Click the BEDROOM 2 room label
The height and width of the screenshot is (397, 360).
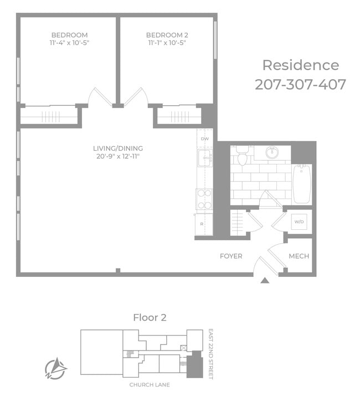[167, 35]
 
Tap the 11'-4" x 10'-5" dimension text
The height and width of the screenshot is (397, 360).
[69, 43]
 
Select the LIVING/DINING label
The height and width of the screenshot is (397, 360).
[118, 148]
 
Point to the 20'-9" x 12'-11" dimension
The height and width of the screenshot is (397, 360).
[118, 156]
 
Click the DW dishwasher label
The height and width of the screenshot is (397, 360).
[205, 139]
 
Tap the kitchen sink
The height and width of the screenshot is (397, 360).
[205, 158]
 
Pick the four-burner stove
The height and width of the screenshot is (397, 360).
[204, 199]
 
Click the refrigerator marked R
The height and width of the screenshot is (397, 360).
[204, 224]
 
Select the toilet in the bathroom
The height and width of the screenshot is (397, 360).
[243, 156]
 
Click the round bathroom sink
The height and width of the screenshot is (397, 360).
[272, 153]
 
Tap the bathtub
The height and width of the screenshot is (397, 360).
[301, 184]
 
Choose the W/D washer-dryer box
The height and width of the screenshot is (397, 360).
[299, 222]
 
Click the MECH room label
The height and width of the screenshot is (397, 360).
[299, 256]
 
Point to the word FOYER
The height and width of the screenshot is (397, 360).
[231, 256]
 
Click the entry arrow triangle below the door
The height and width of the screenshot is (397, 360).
[265, 280]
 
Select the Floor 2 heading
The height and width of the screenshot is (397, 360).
[150, 317]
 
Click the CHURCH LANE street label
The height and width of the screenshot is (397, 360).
[150, 385]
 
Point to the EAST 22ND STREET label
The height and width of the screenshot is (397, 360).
[210, 354]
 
